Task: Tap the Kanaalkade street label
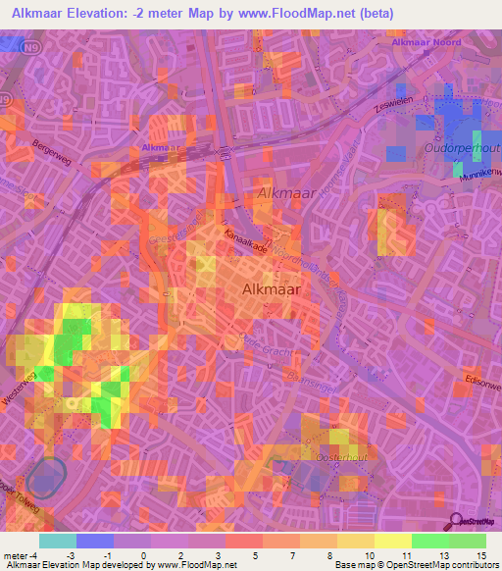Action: coord(244,241)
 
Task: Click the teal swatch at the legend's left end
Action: coord(58,540)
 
